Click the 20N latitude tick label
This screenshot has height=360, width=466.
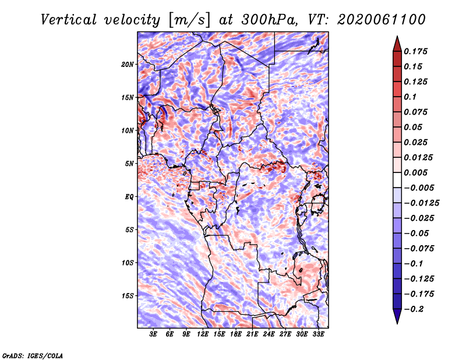(x=128, y=65)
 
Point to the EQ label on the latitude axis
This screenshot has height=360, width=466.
(x=129, y=197)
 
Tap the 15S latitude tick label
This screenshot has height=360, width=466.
(x=128, y=296)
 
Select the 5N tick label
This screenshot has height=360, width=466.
(x=129, y=164)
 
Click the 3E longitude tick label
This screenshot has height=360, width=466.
(x=153, y=334)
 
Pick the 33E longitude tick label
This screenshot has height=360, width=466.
(x=318, y=334)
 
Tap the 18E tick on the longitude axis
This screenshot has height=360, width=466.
(x=236, y=334)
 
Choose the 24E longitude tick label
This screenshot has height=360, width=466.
(x=269, y=334)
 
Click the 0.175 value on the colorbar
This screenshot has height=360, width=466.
(x=415, y=51)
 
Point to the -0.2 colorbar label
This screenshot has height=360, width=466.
(x=414, y=309)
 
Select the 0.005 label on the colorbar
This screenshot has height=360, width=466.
(x=415, y=172)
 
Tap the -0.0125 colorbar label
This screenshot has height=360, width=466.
(x=421, y=203)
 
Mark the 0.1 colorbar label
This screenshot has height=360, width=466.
(x=410, y=97)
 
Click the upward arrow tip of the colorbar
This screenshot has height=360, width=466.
(x=397, y=36)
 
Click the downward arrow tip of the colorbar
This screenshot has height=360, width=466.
(x=397, y=323)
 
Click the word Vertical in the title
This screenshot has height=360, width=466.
(x=69, y=20)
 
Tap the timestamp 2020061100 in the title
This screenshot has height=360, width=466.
(x=382, y=20)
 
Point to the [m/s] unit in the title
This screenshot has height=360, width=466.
(x=190, y=20)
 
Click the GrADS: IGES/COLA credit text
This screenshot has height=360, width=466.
(x=33, y=356)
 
